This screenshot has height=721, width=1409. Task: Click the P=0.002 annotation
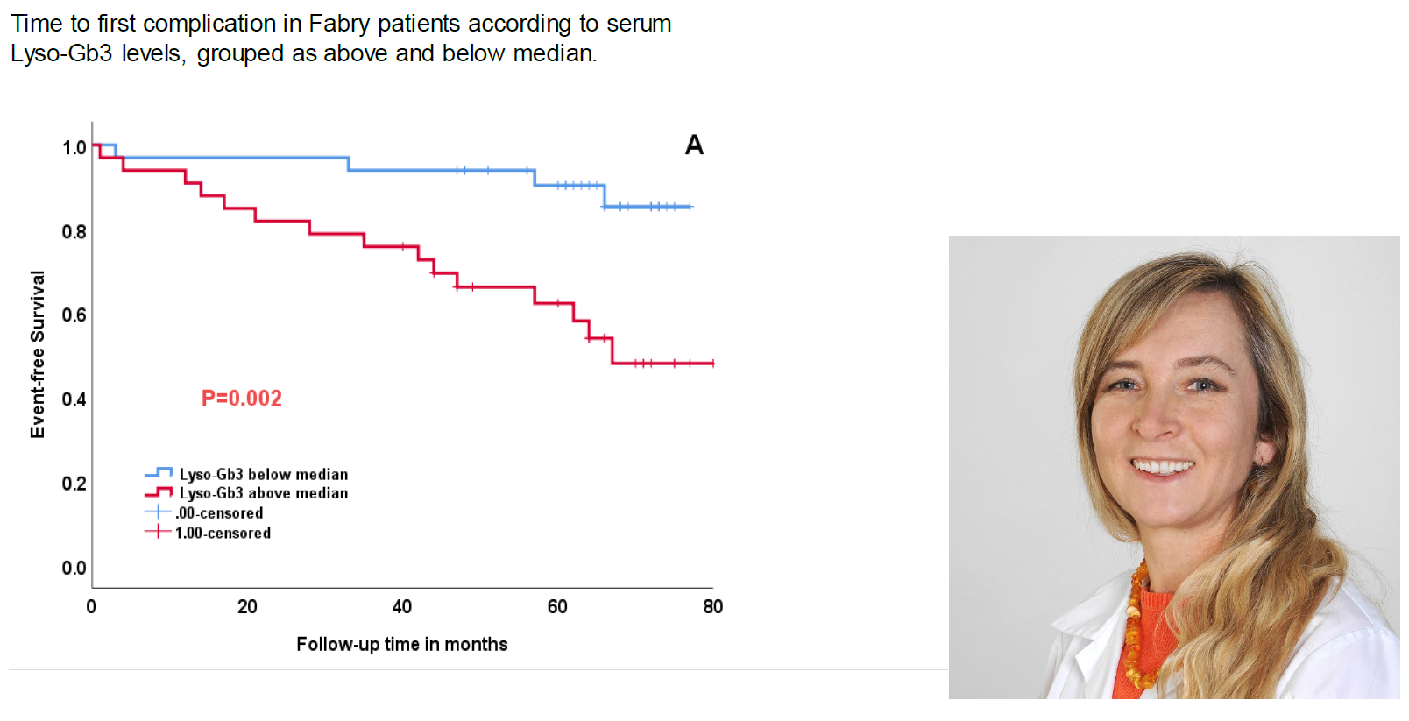coord(241,399)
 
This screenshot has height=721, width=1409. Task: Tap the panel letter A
coord(694,145)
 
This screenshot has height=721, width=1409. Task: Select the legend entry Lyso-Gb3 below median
coord(263,474)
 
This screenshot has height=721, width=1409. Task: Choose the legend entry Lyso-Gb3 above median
coord(263,493)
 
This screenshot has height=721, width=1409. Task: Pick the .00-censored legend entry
coord(218,513)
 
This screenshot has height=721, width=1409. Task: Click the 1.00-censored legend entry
coord(223,533)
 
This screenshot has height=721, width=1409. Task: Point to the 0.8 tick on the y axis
coord(74,232)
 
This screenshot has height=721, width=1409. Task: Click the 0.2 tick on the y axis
coord(74,484)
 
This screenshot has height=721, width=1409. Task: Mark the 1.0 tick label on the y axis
coord(74,148)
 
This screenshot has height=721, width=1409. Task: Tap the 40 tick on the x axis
coord(401,606)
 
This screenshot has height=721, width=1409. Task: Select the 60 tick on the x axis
coord(557,606)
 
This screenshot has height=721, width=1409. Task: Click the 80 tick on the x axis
coord(712,606)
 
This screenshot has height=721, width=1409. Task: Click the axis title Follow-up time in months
coord(401,645)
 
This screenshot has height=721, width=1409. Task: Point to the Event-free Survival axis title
coord(37,354)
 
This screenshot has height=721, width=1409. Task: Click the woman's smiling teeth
coord(1163,467)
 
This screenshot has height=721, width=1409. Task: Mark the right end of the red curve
coord(712,363)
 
